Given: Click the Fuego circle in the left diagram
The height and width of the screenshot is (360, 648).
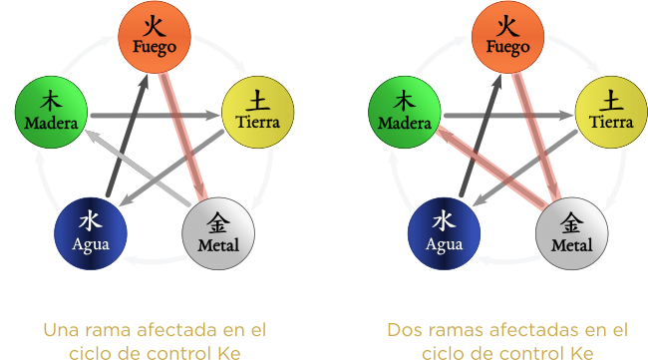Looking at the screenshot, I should click(x=155, y=35).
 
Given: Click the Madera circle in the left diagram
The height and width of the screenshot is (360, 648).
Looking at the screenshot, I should click(x=51, y=110).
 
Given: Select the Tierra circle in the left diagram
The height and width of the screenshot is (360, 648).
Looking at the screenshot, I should click(x=257, y=110).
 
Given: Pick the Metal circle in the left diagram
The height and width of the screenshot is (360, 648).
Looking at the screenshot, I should click(x=218, y=231).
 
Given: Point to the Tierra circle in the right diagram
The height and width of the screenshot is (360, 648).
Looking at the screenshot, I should click(x=611, y=110).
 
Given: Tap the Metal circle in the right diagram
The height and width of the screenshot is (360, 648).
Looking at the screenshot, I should click(x=572, y=231).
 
